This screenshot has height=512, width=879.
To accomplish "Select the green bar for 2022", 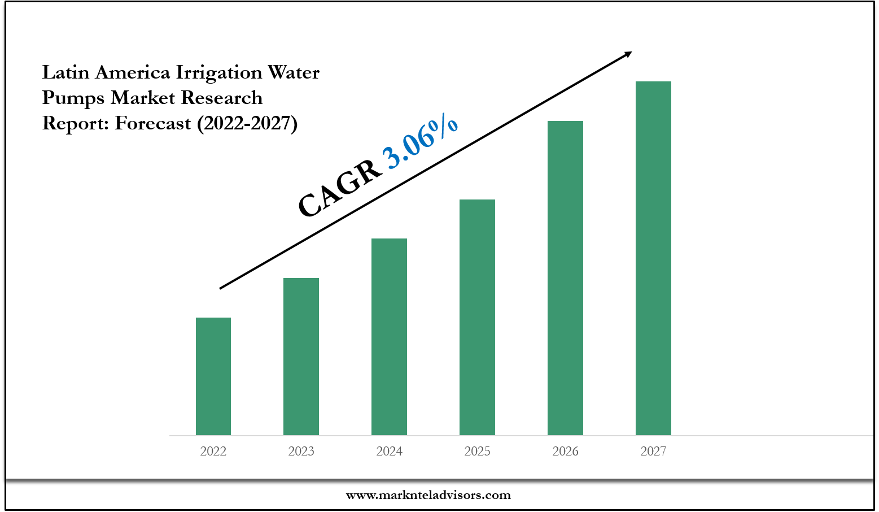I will (213, 376).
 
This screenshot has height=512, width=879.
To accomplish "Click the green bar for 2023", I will (301, 357).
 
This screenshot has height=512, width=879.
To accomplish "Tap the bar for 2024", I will (389, 337).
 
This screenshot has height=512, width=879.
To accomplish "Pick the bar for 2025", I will (477, 317).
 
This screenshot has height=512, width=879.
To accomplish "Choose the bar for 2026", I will (565, 278).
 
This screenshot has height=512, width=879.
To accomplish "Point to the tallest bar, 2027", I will (653, 258).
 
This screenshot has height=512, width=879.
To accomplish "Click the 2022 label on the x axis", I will (213, 451).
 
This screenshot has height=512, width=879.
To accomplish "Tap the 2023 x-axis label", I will (301, 451).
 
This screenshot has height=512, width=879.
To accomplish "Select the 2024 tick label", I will (389, 451).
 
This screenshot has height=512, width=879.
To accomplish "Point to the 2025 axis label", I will (477, 451).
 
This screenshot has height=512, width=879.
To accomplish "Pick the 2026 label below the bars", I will (565, 451).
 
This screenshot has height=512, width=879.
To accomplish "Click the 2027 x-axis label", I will (653, 451).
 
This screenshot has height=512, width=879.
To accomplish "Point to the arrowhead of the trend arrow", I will (628, 54).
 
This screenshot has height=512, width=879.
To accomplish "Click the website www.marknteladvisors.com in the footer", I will (428, 495).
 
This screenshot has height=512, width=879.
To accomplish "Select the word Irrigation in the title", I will (219, 73).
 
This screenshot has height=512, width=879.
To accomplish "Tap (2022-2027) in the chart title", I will (247, 123).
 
